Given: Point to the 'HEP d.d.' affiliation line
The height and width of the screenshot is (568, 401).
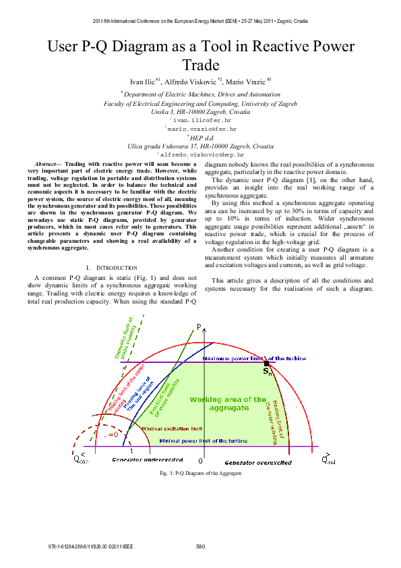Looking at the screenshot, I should (x=201, y=136).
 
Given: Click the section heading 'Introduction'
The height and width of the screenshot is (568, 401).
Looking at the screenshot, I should (x=114, y=249).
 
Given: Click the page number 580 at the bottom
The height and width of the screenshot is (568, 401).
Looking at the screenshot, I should (x=200, y=546).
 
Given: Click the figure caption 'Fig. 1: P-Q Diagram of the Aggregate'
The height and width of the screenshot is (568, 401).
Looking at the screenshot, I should (x=200, y=473).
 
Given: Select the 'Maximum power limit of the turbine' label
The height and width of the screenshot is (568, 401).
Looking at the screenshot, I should (x=254, y=359).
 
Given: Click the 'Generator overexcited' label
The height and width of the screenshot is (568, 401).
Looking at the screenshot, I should (x=257, y=463).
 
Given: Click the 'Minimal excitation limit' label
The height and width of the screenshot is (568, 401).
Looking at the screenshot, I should (x=173, y=428).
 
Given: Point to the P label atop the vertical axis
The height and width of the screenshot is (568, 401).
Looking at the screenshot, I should (x=199, y=326).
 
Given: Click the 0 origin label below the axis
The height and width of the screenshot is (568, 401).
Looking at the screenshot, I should (x=200, y=460).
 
